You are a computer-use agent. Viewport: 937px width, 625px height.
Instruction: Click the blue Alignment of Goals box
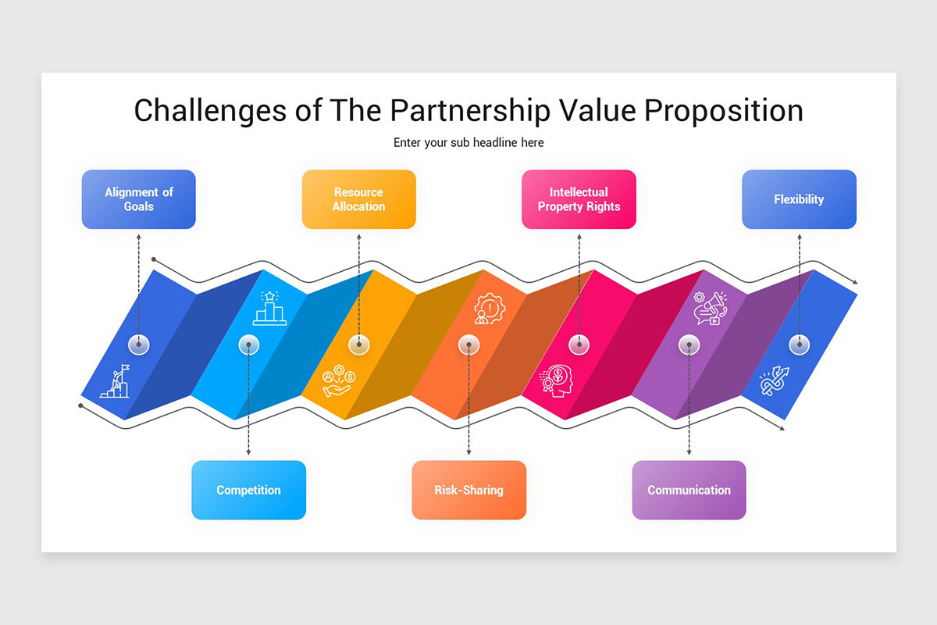(138, 199)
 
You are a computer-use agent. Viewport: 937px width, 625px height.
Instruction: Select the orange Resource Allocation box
(358, 199)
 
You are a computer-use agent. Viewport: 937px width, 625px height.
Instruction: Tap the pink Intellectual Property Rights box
(579, 199)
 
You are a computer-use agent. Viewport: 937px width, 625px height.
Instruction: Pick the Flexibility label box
(799, 199)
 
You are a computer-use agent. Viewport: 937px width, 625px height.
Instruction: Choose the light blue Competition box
(248, 490)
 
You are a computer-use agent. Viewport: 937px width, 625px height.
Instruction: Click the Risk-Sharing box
(468, 490)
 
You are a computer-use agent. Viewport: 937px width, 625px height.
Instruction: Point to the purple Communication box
(689, 490)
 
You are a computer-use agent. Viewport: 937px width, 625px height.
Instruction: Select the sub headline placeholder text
(468, 143)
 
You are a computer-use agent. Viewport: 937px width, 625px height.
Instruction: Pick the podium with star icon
(269, 308)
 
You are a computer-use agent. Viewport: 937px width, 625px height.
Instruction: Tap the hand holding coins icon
(339, 381)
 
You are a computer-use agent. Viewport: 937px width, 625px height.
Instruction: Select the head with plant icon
(555, 381)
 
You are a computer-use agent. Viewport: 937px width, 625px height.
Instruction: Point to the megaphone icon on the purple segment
(710, 309)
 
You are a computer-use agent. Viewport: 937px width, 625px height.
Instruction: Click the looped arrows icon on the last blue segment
(775, 380)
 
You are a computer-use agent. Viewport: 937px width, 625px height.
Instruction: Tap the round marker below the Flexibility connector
(799, 344)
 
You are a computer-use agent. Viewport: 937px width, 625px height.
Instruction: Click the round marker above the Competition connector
(248, 344)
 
